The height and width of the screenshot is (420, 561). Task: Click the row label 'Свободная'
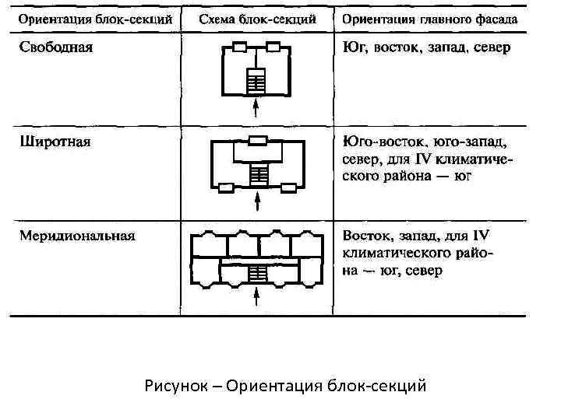[x=56, y=48]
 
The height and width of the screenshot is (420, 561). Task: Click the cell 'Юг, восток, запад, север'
[x=426, y=48]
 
